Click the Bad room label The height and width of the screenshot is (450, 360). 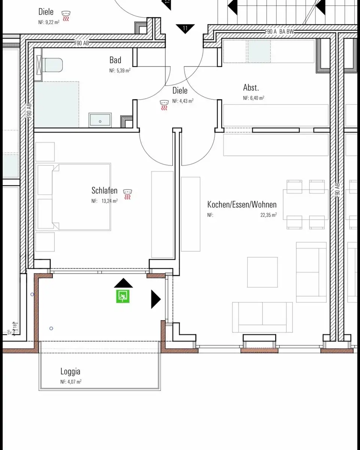click(115, 60)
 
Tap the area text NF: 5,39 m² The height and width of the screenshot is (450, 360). click(120, 70)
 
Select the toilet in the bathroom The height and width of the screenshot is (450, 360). click(50, 65)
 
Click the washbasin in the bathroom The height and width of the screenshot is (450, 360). click(100, 120)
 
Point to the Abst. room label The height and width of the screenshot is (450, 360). click(251, 88)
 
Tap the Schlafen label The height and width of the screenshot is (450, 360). click(104, 190)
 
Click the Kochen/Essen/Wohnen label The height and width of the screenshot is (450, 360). click(242, 204)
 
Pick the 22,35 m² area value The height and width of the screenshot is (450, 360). click(268, 215)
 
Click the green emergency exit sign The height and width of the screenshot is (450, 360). click(123, 296)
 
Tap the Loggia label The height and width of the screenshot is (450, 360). click(70, 371)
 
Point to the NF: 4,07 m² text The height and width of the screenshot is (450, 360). click(71, 382)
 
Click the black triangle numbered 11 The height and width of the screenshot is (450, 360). click(185, 28)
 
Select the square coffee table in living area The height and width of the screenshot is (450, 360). click(262, 272)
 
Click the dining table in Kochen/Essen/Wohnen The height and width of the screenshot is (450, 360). click(306, 204)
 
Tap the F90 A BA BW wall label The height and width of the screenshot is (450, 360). click(279, 31)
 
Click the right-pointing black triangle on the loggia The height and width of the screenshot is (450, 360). click(156, 299)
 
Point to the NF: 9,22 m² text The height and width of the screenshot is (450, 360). click(49, 22)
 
